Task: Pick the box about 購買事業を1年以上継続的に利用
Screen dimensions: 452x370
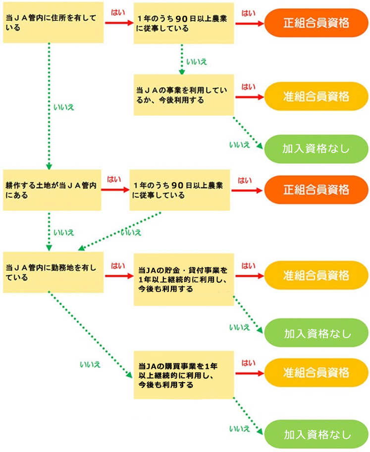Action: click(184, 375)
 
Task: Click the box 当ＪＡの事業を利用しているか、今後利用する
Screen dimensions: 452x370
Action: click(184, 95)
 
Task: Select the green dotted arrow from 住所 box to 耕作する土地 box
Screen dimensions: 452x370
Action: click(49, 106)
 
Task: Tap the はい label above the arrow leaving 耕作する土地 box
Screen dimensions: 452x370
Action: click(114, 179)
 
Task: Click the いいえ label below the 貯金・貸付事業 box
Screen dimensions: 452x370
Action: click(239, 327)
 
